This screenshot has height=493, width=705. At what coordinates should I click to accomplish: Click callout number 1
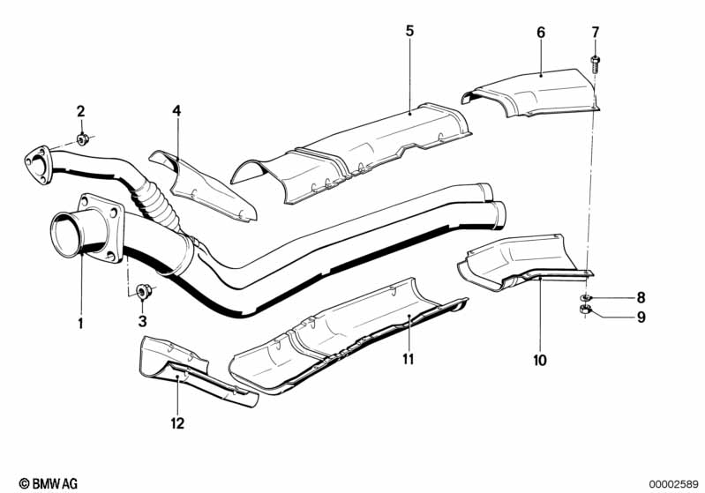79,324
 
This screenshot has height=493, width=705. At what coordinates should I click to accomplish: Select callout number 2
80,111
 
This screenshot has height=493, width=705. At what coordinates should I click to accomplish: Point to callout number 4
176,111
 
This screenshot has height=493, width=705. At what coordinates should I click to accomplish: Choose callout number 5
409,31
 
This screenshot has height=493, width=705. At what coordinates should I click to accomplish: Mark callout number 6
541,33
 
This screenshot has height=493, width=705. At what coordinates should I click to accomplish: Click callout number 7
595,33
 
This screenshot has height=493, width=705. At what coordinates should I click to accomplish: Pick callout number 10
539,360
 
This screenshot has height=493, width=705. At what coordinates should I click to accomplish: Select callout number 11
409,360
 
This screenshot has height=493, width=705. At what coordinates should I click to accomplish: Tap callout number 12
177,423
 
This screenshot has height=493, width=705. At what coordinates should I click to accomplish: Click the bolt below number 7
595,63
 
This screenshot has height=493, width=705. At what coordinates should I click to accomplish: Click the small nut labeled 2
82,139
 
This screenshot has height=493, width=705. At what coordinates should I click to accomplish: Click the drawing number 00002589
673,483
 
